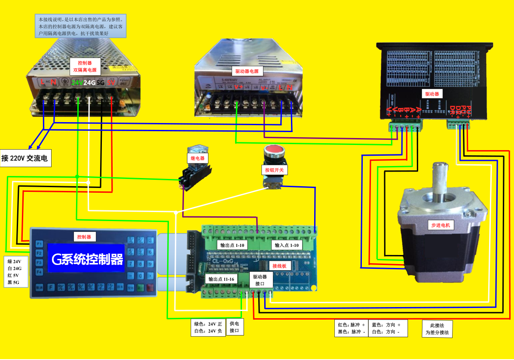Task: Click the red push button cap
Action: pyautogui.click(x=274, y=151)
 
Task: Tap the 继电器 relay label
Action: pyautogui.click(x=198, y=158)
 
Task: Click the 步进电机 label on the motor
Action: pyautogui.click(x=442, y=225)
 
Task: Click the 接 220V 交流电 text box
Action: pyautogui.click(x=26, y=158)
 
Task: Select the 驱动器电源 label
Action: pyautogui.click(x=248, y=71)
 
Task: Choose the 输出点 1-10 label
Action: pyautogui.click(x=232, y=245)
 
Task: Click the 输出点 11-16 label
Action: pyautogui.click(x=221, y=279)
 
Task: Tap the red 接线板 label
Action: pyautogui.click(x=279, y=266)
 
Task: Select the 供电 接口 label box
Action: pyautogui.click(x=235, y=327)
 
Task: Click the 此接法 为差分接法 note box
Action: pyautogui.click(x=437, y=329)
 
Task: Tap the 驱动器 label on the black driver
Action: pyautogui.click(x=432, y=93)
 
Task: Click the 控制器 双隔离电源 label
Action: pyautogui.click(x=85, y=66)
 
